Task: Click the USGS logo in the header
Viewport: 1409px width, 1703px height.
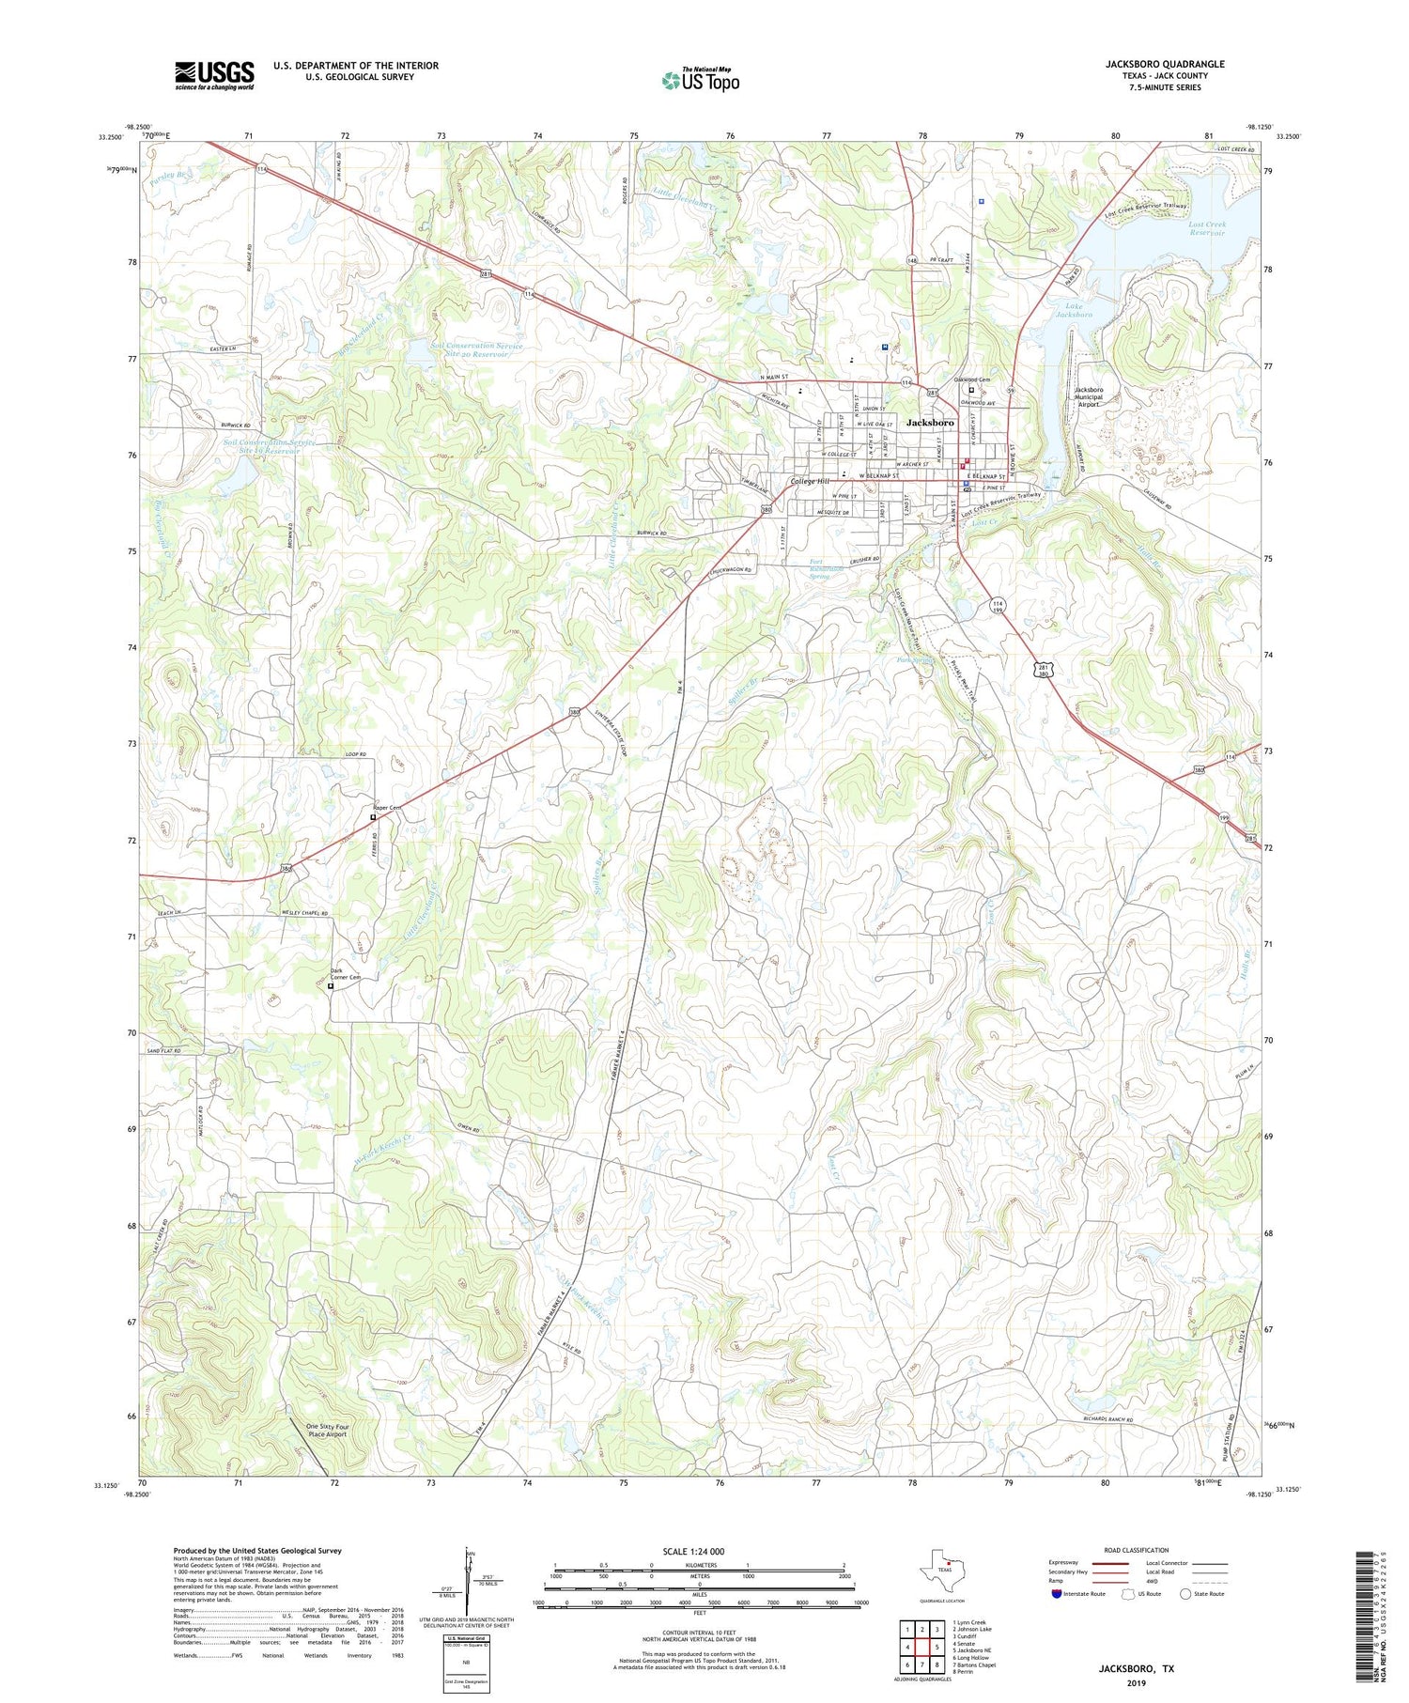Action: pos(214,75)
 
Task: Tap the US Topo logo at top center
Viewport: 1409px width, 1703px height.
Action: pos(700,81)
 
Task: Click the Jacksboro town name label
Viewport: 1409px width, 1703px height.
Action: pos(930,423)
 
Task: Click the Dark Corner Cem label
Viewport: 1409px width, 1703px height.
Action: pos(345,974)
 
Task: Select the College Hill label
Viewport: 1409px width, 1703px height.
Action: pos(809,481)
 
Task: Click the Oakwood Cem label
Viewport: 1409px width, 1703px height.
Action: pos(972,379)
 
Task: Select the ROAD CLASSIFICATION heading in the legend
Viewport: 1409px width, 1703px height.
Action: pos(1137,1550)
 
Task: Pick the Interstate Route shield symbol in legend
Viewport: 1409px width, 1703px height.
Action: pos(1057,1593)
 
